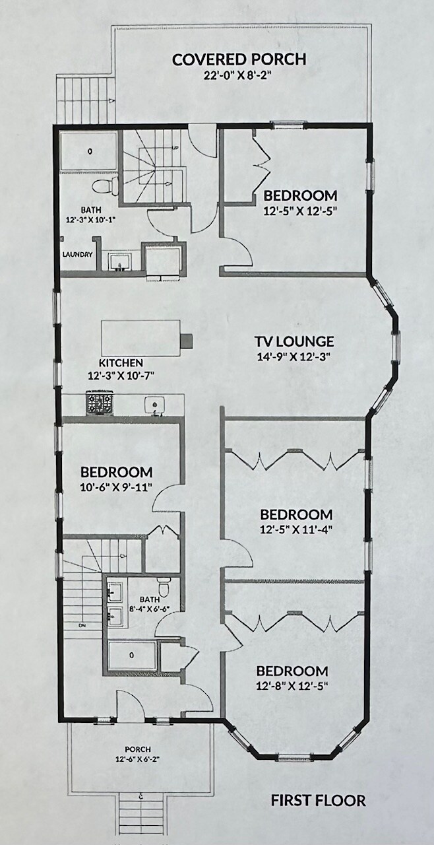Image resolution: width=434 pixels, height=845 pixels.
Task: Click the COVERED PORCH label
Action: click(239, 59)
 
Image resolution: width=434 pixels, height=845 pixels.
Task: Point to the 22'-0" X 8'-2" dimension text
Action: click(239, 75)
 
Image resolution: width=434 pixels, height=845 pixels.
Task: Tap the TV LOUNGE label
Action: click(294, 341)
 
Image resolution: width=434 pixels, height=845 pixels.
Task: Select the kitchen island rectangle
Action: click(140, 337)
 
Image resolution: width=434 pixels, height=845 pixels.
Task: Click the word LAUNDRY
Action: click(77, 254)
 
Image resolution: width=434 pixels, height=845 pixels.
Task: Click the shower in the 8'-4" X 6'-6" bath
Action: click(131, 656)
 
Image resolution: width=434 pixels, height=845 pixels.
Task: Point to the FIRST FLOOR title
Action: click(318, 801)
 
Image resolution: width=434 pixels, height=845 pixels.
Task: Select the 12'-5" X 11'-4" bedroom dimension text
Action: click(295, 529)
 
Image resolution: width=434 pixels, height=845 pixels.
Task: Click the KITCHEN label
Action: click(121, 363)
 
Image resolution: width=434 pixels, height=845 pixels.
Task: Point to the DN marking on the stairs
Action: click(82, 624)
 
